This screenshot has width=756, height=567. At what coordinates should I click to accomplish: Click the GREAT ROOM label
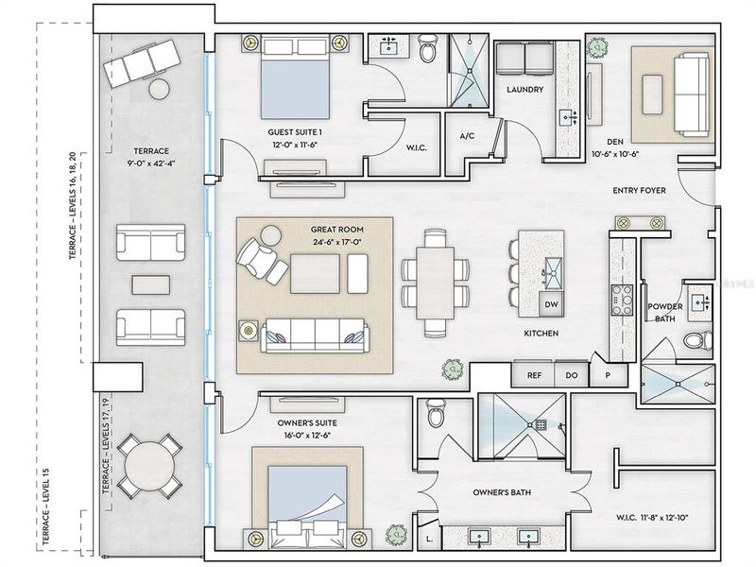337,229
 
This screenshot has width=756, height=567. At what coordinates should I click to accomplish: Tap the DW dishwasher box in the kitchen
552,305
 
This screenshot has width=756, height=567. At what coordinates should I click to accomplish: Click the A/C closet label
466,137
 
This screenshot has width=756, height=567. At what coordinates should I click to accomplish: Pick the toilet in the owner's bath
437,413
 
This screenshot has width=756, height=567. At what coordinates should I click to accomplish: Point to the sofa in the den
691,94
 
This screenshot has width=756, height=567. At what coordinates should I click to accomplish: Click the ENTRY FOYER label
639,191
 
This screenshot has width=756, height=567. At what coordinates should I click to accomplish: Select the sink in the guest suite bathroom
388,46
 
